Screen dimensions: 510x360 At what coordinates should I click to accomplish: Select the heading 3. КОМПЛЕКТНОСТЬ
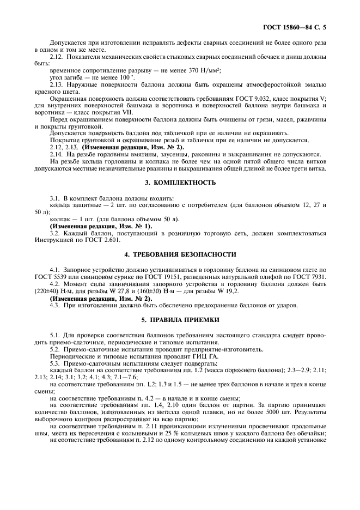(x=179, y=183)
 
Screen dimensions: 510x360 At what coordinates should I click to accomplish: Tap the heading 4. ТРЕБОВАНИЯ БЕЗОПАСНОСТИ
(x=179, y=254)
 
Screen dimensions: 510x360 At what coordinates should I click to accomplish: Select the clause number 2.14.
(x=57, y=155)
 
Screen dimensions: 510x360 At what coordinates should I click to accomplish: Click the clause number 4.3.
(x=56, y=305)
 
